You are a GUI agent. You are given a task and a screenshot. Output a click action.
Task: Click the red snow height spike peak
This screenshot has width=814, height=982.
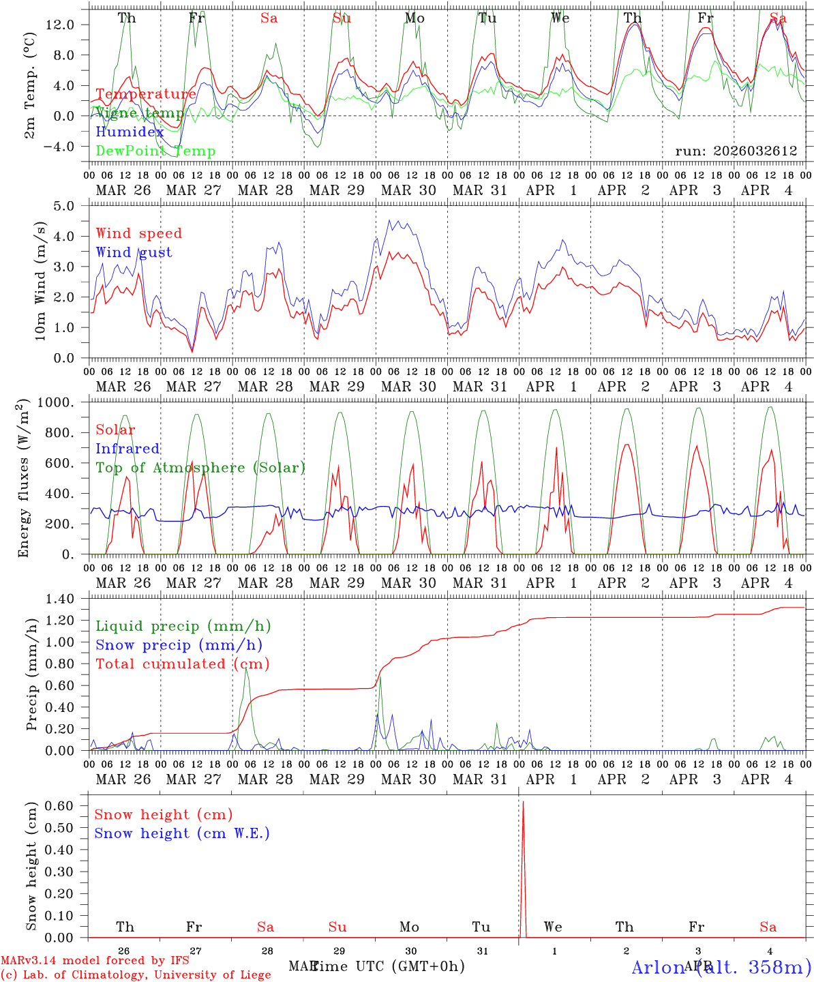pyautogui.click(x=523, y=803)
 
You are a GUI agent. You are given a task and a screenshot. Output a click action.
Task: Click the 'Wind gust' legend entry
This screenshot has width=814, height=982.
pyautogui.click(x=134, y=252)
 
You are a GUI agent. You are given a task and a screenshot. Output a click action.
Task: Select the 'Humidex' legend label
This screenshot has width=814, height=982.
pyautogui.click(x=130, y=132)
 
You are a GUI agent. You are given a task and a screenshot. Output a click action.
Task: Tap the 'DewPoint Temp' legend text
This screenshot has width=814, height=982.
pyautogui.click(x=155, y=151)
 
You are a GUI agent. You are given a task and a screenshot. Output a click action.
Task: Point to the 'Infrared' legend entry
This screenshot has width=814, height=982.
pyautogui.click(x=127, y=449)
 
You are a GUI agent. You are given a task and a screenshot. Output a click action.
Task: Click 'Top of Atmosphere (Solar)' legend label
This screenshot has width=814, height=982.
pyautogui.click(x=200, y=468)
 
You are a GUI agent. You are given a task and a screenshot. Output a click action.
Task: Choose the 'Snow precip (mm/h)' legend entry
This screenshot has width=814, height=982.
pyautogui.click(x=179, y=645)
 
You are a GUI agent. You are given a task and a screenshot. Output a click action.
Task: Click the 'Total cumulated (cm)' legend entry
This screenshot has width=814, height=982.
pyautogui.click(x=182, y=664)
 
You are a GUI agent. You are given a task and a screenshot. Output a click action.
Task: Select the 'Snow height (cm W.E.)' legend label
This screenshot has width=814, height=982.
pyautogui.click(x=182, y=833)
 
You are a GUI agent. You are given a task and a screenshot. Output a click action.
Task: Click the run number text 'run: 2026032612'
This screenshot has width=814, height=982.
pyautogui.click(x=736, y=151)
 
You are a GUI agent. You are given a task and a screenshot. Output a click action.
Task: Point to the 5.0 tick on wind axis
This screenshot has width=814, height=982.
pyautogui.click(x=72, y=206)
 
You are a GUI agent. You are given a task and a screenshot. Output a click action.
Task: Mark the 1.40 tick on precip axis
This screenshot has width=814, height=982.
pyautogui.click(x=68, y=599)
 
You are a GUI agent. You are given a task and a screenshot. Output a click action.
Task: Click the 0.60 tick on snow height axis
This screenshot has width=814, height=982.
pyautogui.click(x=68, y=805)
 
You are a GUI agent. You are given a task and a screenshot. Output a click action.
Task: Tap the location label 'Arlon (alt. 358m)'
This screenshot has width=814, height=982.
pyautogui.click(x=721, y=967)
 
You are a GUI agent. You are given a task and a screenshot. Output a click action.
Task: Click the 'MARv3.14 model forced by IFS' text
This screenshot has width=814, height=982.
pyautogui.click(x=95, y=961)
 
